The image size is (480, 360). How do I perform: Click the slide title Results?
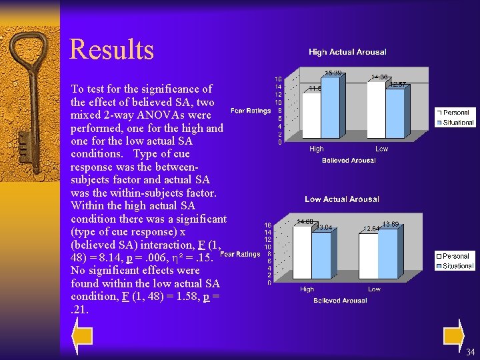click(x=111, y=49)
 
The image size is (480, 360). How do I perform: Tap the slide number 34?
click(x=471, y=352)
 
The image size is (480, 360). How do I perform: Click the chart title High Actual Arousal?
click(x=347, y=52)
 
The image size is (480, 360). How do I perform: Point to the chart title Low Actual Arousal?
click(x=342, y=199)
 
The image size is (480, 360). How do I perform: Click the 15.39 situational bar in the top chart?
click(x=333, y=107)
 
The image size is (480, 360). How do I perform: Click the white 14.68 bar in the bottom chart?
click(x=303, y=253)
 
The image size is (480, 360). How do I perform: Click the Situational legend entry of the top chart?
click(x=457, y=123)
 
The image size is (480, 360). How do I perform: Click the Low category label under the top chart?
click(x=381, y=149)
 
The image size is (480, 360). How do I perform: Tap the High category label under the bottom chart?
click(x=307, y=289)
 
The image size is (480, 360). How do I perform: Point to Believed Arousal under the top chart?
click(x=349, y=160)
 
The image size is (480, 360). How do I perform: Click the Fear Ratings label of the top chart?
click(x=250, y=111)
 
